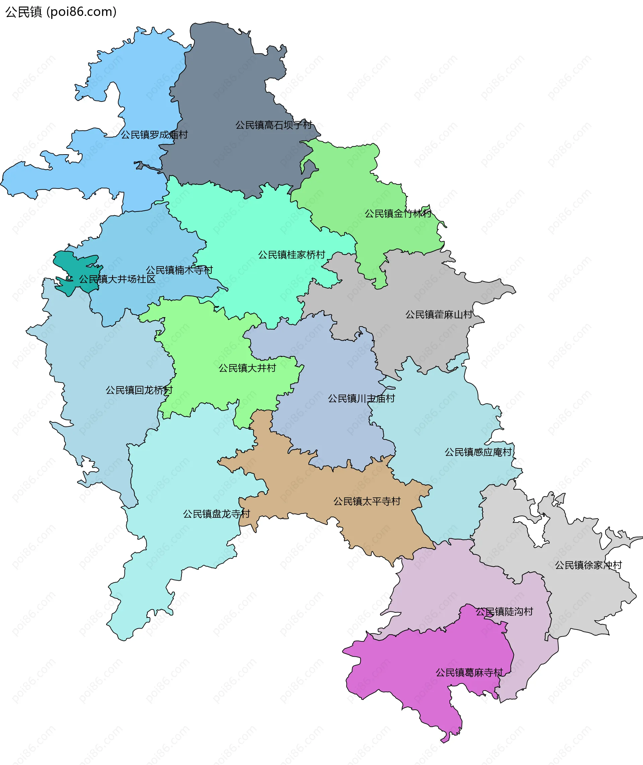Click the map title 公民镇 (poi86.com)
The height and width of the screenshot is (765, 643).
pyautogui.click(x=61, y=12)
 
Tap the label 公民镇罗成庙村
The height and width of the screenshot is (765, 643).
pyautogui.click(x=154, y=135)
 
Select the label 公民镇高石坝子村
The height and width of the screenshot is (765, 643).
pyautogui.click(x=273, y=125)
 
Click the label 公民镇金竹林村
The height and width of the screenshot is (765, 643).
pyautogui.click(x=398, y=214)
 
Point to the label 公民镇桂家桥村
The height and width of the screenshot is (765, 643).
pyautogui.click(x=292, y=255)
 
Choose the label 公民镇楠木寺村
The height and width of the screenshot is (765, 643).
pyautogui.click(x=179, y=270)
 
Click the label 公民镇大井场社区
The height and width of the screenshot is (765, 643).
pyautogui.click(x=117, y=279)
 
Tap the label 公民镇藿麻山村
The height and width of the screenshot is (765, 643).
pyautogui.click(x=439, y=314)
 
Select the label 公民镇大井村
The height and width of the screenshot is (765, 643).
pyautogui.click(x=247, y=368)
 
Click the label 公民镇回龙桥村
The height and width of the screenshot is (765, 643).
pyautogui.click(x=139, y=390)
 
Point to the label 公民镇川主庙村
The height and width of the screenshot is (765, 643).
pyautogui.click(x=361, y=398)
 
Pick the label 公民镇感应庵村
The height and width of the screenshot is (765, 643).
pyautogui.click(x=478, y=452)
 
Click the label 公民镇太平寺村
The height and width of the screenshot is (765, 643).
pyautogui.click(x=367, y=501)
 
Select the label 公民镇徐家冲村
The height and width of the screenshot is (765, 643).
pyautogui.click(x=588, y=565)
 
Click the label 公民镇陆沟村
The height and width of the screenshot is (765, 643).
pyautogui.click(x=504, y=611)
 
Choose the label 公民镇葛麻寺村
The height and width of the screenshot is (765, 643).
pyautogui.click(x=469, y=672)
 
